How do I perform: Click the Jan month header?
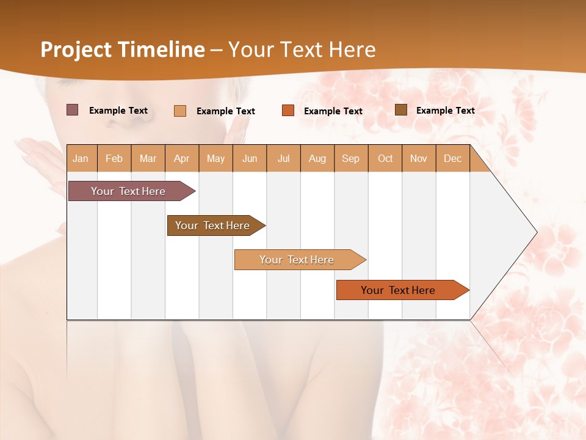(81, 158)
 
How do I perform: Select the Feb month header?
(114, 158)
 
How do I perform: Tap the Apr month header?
(181, 158)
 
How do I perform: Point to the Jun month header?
(250, 158)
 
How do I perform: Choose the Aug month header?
(317, 158)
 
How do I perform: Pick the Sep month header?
(350, 158)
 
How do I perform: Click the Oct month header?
(385, 158)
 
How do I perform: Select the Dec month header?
(452, 158)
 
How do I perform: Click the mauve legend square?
(73, 110)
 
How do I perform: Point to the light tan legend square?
(180, 111)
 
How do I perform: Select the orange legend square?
(288, 111)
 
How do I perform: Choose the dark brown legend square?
(401, 110)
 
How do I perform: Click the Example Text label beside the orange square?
(333, 111)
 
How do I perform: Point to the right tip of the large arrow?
(536, 232)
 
